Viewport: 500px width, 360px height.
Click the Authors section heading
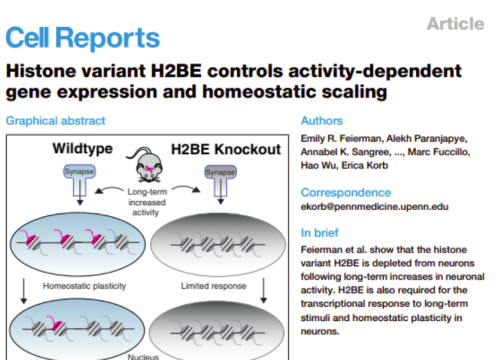coord(324,123)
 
